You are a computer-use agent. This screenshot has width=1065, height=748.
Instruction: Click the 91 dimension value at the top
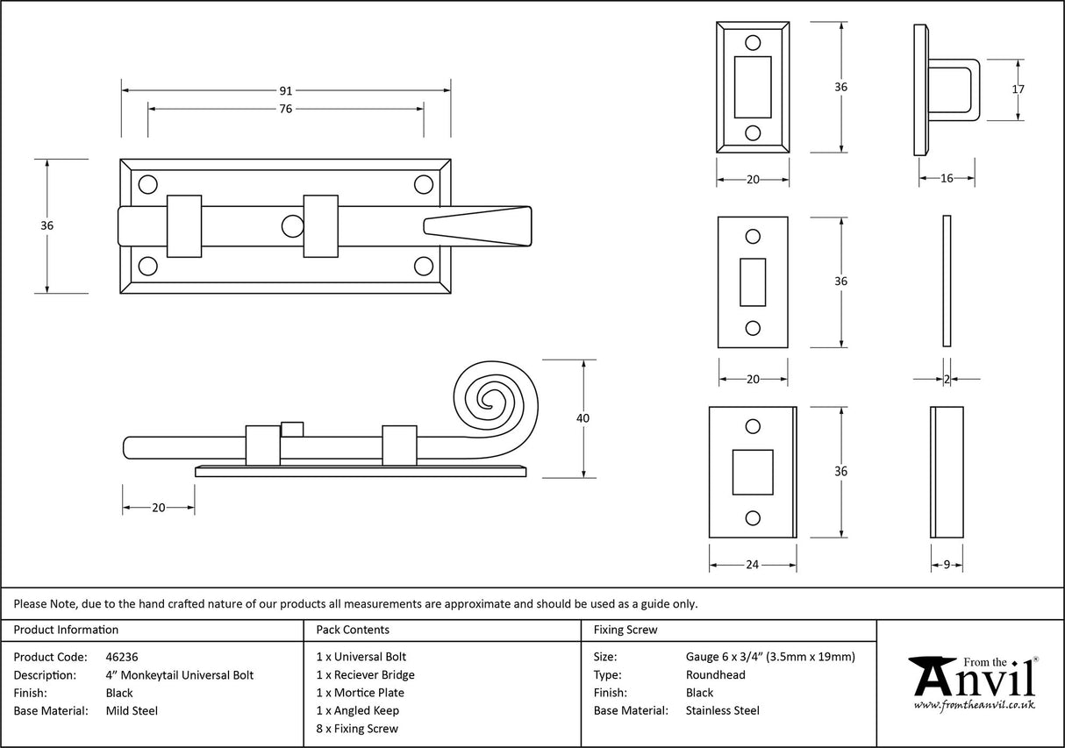[x=286, y=90]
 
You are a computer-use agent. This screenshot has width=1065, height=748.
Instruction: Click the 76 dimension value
[x=286, y=109]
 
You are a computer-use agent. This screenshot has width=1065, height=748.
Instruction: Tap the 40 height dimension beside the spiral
[x=583, y=418]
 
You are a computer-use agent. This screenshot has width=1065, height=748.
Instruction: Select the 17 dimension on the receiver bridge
[x=1018, y=89]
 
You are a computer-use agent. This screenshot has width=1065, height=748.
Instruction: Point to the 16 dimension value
[x=947, y=179]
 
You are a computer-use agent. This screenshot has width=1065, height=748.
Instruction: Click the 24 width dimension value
[x=752, y=565]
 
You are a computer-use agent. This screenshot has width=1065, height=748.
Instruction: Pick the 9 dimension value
[x=947, y=565]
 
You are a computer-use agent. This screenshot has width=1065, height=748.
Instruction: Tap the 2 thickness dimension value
[x=947, y=379]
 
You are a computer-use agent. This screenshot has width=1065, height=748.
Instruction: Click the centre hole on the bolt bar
[x=290, y=226]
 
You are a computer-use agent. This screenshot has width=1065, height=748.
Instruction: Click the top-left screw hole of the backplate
[x=147, y=184]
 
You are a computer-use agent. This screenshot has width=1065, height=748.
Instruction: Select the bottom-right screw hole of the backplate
[x=424, y=266]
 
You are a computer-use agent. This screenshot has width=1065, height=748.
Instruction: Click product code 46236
[x=121, y=657]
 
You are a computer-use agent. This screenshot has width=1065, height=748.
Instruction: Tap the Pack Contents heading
[x=353, y=630]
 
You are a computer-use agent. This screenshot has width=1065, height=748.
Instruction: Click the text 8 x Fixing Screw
[x=357, y=729]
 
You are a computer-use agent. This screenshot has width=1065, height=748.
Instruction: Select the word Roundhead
[x=715, y=675]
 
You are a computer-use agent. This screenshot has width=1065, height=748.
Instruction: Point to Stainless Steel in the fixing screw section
[x=723, y=711]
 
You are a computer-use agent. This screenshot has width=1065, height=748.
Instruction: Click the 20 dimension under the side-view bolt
[x=158, y=508]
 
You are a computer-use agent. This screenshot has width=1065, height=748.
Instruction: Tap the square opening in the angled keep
[x=752, y=471]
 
